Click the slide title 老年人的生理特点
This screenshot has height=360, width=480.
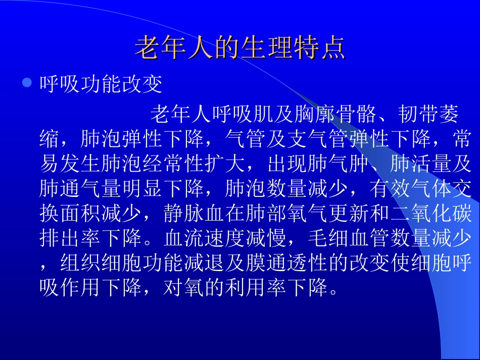click(x=240, y=48)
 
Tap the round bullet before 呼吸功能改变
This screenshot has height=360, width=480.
click(x=27, y=82)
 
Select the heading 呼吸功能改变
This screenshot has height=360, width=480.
click(x=101, y=85)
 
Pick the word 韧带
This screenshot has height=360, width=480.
click(x=418, y=115)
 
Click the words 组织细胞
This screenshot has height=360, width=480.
click(x=101, y=263)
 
